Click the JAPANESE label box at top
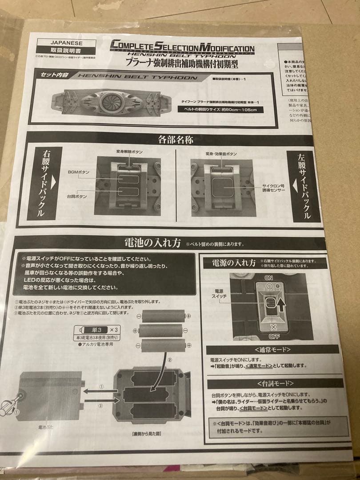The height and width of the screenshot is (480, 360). point(66,43)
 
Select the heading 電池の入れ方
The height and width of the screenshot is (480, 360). point(152,243)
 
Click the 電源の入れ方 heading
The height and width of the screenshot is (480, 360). point(229,263)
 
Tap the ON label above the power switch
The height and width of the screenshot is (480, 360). point(268,277)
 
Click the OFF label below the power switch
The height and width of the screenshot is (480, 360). point(268,336)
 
